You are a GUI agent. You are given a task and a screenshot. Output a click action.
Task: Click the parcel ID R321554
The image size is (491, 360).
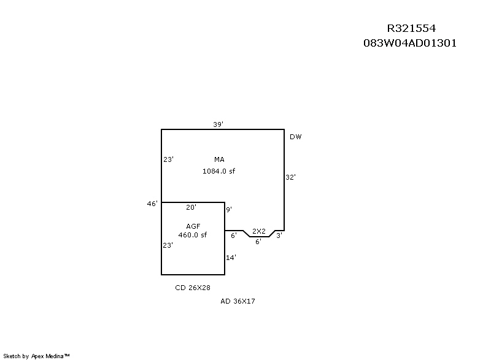click(x=411, y=29)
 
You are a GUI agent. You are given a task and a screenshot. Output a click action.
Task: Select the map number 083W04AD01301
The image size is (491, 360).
click(x=410, y=44)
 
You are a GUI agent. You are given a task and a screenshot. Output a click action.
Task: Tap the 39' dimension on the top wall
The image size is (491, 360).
click(x=218, y=124)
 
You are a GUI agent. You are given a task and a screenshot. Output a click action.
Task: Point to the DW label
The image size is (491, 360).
click(x=296, y=137)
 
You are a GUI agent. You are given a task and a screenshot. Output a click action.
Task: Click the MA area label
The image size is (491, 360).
click(x=219, y=159)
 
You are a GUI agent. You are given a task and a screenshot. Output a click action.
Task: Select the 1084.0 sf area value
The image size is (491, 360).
click(x=218, y=171)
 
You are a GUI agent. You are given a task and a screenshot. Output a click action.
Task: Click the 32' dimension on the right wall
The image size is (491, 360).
click(x=291, y=177)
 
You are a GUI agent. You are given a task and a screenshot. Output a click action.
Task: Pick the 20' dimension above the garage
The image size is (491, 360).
click(x=191, y=207)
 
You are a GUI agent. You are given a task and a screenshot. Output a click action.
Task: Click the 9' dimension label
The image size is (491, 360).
click(x=229, y=210)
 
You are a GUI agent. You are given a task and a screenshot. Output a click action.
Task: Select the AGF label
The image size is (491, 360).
click(x=193, y=226)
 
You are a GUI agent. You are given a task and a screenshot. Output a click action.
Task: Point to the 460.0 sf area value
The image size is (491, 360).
click(x=193, y=235)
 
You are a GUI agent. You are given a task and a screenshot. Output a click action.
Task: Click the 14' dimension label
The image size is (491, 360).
click(x=231, y=258)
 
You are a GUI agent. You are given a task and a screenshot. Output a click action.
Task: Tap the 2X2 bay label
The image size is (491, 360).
click(x=259, y=231)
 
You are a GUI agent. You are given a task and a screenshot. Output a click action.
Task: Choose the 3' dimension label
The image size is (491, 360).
click(x=279, y=235)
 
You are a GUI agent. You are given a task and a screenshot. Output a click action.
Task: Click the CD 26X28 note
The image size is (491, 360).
click(x=193, y=287)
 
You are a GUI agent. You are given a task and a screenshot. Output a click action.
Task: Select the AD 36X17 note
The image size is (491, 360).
click(x=238, y=301)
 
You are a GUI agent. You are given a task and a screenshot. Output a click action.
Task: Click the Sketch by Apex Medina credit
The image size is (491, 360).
click(x=36, y=356)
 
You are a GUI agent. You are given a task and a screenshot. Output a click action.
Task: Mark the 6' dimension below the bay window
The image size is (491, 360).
click(x=258, y=242)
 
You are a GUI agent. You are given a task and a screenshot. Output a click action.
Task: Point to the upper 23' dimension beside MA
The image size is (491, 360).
click(x=168, y=159)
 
